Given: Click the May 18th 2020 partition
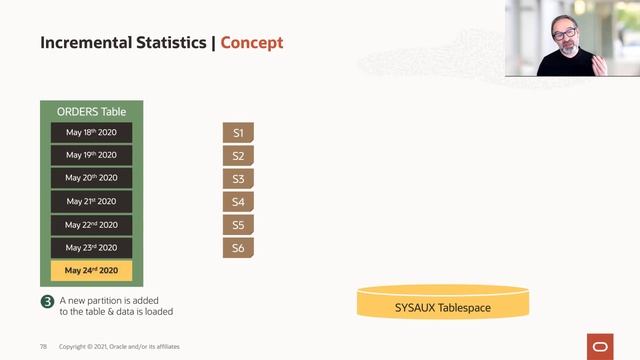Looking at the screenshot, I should pyautogui.click(x=91, y=132).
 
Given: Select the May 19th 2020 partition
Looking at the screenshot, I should pyautogui.click(x=91, y=155).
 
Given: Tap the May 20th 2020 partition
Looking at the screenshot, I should pyautogui.click(x=91, y=178).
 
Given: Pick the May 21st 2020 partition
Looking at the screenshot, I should pyautogui.click(x=91, y=201).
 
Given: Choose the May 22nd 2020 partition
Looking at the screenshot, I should pyautogui.click(x=91, y=225).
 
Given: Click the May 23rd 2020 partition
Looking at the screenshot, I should pyautogui.click(x=91, y=248).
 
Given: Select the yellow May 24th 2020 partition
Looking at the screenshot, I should pyautogui.click(x=91, y=271).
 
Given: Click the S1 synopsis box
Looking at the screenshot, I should pyautogui.click(x=238, y=133).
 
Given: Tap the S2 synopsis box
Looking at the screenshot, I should pyautogui.click(x=238, y=156).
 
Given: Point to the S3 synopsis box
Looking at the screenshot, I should pyautogui.click(x=238, y=179).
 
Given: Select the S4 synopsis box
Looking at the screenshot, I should pyautogui.click(x=238, y=202).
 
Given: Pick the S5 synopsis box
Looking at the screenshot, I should pyautogui.click(x=238, y=225).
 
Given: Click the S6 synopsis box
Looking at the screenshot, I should pyautogui.click(x=238, y=248).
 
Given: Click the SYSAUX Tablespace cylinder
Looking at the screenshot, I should pyautogui.click(x=443, y=304).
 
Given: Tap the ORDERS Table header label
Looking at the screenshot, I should pyautogui.click(x=91, y=111).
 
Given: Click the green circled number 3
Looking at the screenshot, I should pyautogui.click(x=46, y=302).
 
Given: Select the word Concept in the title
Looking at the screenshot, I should pyautogui.click(x=251, y=43).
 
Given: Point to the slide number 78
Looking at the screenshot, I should pyautogui.click(x=44, y=346).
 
